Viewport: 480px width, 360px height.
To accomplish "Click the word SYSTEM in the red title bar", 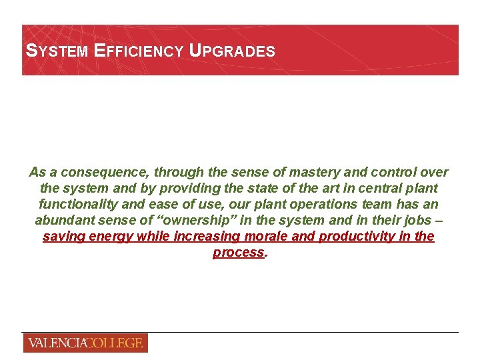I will coord(56,51).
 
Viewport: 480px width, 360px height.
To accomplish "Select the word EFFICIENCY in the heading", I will coord(139,51).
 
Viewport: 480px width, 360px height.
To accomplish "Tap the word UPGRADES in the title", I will coord(233,51).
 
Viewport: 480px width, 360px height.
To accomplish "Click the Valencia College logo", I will coord(85,343).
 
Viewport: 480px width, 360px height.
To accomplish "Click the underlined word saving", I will coord(63,237).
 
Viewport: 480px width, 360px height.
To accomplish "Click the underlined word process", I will coord(239,253).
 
